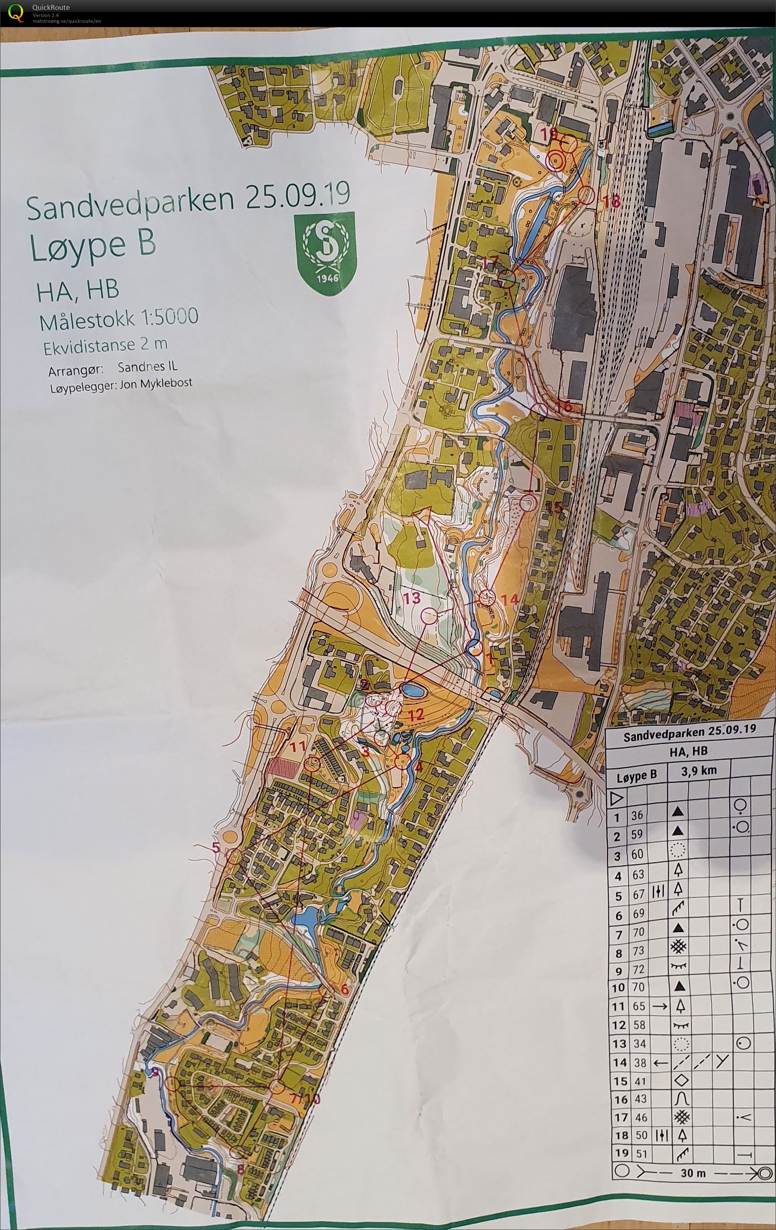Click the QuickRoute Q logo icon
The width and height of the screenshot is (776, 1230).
[x=16, y=12]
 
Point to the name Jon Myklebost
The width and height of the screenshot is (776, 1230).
[x=156, y=384]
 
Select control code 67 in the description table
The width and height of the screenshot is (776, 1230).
[x=638, y=894]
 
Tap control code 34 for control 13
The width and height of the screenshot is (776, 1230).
[x=637, y=1044]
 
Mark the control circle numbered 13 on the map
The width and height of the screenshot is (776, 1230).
[x=429, y=616]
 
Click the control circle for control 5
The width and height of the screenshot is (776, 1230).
[x=234, y=857]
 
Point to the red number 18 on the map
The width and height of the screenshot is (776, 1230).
[x=611, y=201]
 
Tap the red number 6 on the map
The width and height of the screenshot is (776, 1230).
[x=344, y=989]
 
